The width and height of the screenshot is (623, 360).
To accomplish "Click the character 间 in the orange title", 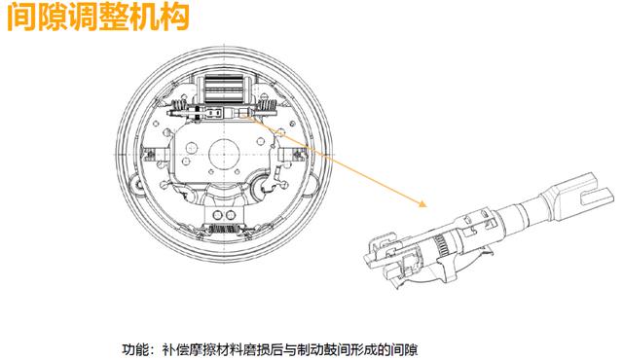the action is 22,17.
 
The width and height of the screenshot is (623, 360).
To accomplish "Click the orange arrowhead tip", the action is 426,206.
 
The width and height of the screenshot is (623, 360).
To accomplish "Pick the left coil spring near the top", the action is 180,106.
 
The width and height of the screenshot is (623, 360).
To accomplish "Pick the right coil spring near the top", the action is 267,106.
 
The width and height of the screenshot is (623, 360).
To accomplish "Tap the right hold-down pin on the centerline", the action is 298,154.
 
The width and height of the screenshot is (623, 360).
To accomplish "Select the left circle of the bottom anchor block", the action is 217,216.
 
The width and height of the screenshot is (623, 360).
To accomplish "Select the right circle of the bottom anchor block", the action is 231,216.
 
